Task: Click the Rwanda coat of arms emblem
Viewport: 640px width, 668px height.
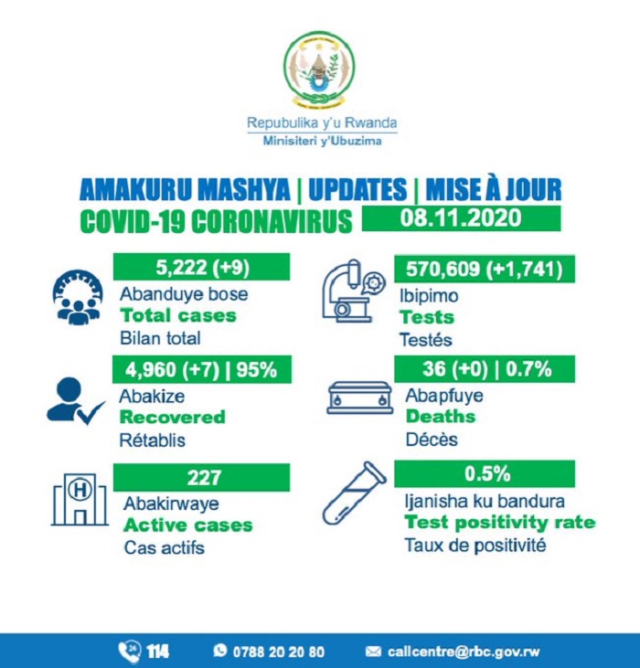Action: (x=319, y=70)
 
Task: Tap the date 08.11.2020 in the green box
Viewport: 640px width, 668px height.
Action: (x=460, y=218)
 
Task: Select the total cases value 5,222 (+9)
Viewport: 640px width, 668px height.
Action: (x=201, y=267)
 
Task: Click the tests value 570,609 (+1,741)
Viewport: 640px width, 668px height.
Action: (x=485, y=267)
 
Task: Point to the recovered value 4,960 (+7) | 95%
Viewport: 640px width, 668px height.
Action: (x=201, y=369)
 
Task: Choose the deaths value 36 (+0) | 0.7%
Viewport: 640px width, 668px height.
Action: (x=485, y=369)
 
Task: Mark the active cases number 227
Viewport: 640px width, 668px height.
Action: (x=201, y=476)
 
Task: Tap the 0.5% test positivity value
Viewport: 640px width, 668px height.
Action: (x=485, y=473)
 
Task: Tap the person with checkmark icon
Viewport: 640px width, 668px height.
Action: (x=73, y=400)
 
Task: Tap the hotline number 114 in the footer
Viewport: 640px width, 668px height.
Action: (x=156, y=652)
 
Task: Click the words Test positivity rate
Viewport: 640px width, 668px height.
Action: (x=499, y=523)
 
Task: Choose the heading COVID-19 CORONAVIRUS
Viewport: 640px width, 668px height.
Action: (x=216, y=221)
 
